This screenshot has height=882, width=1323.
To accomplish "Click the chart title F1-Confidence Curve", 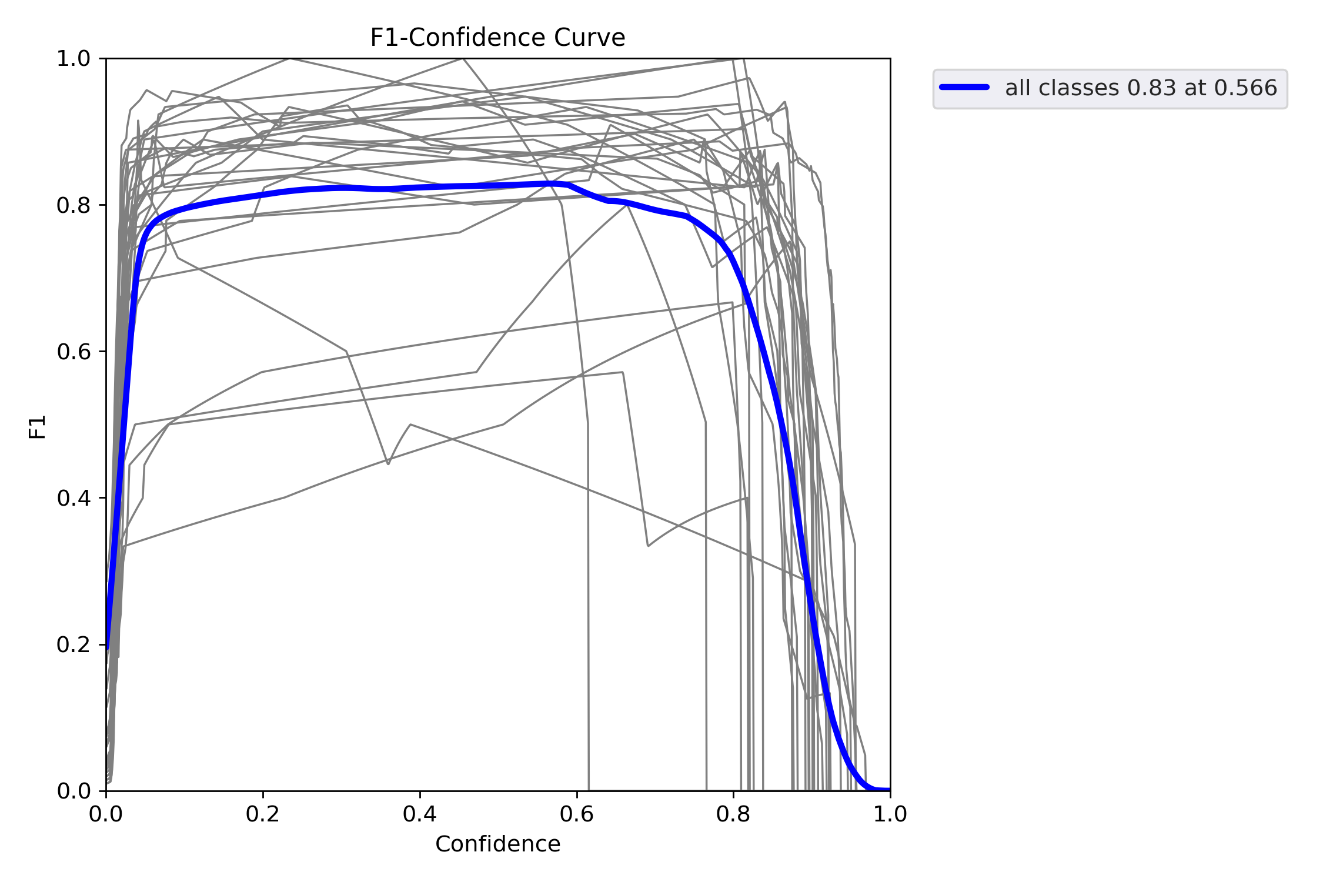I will (x=497, y=38).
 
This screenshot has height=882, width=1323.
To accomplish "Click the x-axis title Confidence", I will (x=497, y=844).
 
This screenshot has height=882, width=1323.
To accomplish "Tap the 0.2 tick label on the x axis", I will (x=263, y=814).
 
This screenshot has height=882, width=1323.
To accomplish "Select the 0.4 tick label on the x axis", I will (x=420, y=814).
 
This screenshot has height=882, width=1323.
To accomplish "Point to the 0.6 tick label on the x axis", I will (x=577, y=814).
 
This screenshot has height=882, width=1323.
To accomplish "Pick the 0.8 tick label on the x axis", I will (x=733, y=814).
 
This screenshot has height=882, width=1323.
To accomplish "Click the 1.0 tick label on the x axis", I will (x=890, y=814).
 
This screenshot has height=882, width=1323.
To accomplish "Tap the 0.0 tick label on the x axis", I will (x=106, y=814).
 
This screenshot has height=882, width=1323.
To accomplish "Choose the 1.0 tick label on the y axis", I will (x=73, y=59).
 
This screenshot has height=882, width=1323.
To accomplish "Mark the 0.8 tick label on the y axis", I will (x=73, y=205).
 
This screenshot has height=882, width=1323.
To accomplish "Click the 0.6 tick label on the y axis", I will (x=73, y=352).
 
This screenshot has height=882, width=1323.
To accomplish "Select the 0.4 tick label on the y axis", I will (x=73, y=498).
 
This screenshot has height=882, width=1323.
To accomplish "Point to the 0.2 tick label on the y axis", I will (x=73, y=644).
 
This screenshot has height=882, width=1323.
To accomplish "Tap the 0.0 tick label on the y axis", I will (x=73, y=791).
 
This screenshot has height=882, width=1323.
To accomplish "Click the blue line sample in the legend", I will (x=964, y=88).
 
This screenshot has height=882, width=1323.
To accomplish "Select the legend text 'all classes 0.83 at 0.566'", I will (x=1141, y=88).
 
